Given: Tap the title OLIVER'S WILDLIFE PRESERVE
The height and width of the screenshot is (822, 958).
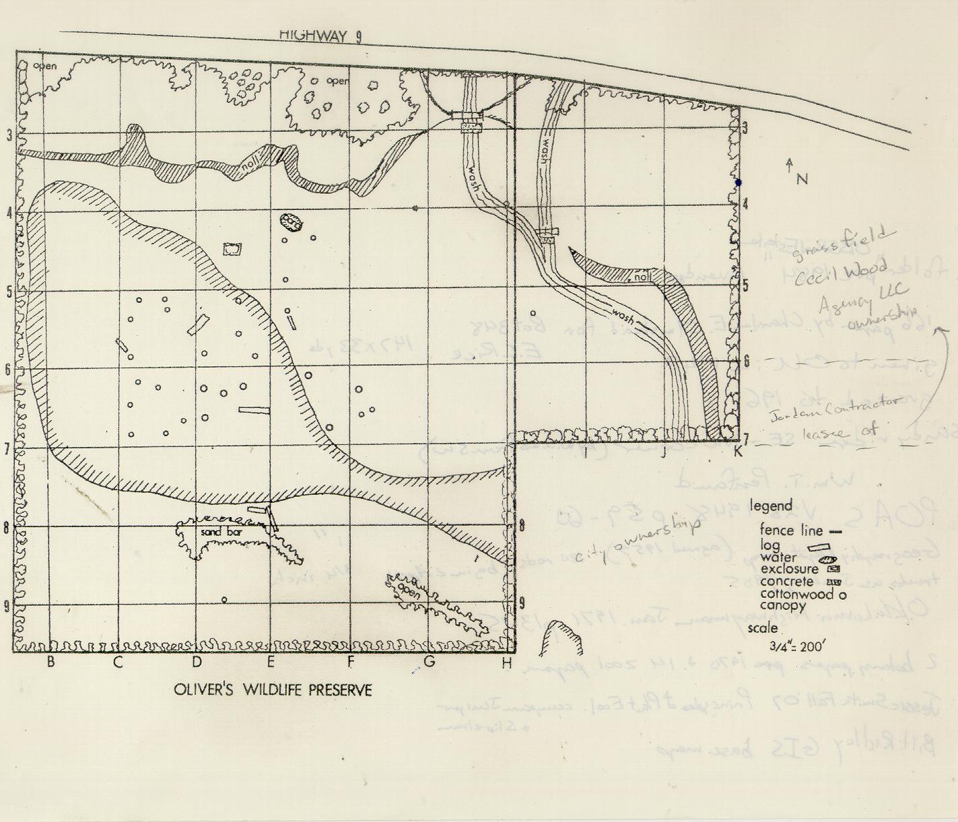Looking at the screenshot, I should pos(273,690).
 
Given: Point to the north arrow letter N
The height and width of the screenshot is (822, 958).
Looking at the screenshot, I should pos(801,179).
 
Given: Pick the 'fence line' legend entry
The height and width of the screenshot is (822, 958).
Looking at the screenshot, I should pos(791,530).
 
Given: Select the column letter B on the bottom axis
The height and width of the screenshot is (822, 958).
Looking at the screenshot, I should pos(50,662).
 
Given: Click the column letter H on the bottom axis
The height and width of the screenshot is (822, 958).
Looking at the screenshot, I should pos(506,663).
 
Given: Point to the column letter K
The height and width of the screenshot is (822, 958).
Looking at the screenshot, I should pos(738,452).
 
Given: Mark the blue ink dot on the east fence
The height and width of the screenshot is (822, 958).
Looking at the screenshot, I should pos(738,182).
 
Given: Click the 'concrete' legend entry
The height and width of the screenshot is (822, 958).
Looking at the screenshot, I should pos(787,582).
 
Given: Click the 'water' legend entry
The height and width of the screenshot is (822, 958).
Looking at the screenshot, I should pos(779,557).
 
